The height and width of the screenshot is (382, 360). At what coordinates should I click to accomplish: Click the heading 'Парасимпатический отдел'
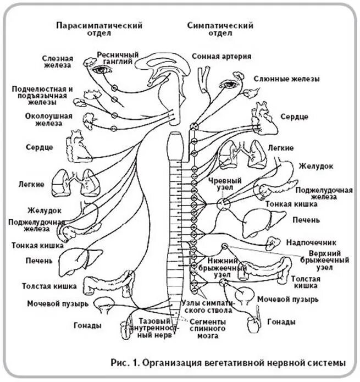tap(99, 29)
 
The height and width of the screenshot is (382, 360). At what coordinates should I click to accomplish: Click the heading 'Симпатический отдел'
tap(220, 29)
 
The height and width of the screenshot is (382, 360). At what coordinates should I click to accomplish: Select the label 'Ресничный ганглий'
tap(118, 58)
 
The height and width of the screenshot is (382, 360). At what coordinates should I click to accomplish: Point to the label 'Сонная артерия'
tap(221, 56)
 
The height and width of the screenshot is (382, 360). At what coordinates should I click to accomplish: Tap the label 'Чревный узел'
tap(221, 184)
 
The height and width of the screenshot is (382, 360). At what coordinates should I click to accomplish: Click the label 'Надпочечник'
tap(311, 242)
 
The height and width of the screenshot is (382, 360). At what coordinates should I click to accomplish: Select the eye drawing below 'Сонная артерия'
tap(227, 84)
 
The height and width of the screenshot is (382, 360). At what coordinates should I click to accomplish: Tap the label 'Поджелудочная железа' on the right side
tap(323, 193)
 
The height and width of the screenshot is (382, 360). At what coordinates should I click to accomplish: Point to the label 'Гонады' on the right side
tap(281, 322)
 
